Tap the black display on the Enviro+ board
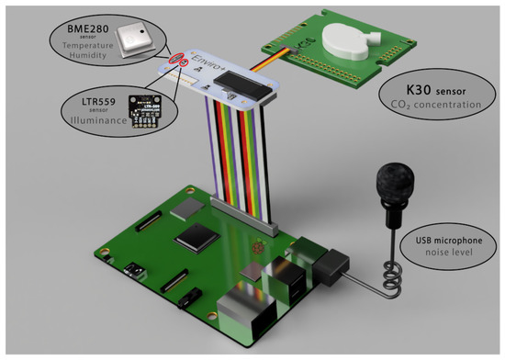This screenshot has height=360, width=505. coord(249,85)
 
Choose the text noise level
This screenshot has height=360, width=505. coord(445,259)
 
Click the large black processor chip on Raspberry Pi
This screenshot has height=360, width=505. coord(198,240)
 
